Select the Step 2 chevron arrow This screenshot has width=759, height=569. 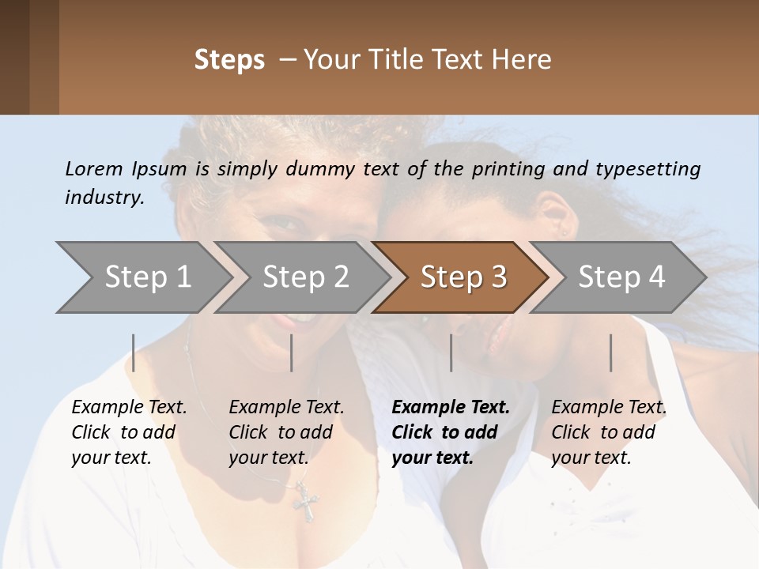(x=304, y=277)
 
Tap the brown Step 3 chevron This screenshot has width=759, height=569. (x=463, y=277)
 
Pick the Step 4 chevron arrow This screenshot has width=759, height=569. (x=621, y=277)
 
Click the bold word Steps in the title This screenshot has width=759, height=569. (x=229, y=60)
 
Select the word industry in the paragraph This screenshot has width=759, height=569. (x=104, y=198)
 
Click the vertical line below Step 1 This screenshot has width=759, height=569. (x=134, y=352)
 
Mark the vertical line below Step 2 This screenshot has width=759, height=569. (x=292, y=352)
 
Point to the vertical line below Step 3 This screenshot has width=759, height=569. (x=451, y=352)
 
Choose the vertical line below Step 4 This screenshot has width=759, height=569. (x=610, y=352)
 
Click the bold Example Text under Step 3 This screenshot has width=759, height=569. (x=451, y=408)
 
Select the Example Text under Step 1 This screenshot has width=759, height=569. (x=129, y=408)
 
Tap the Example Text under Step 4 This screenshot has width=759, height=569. (x=609, y=408)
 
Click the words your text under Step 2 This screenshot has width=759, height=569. (x=268, y=458)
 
